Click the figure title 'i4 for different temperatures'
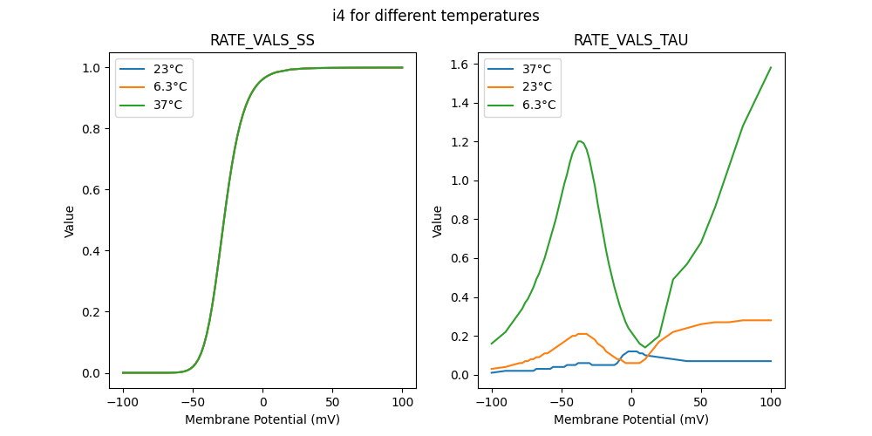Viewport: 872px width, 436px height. pyautogui.click(x=436, y=16)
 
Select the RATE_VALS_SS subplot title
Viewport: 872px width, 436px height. pyautogui.click(x=262, y=40)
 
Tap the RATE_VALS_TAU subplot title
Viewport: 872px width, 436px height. pyautogui.click(x=630, y=40)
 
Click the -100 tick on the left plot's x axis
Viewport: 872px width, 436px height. pyautogui.click(x=123, y=403)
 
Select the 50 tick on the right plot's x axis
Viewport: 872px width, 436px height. pyautogui.click(x=700, y=403)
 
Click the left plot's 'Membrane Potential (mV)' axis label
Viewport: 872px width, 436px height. pyautogui.click(x=262, y=419)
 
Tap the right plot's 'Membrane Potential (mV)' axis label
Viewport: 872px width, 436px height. pyautogui.click(x=630, y=419)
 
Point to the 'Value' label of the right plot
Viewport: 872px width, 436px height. pyautogui.click(x=438, y=221)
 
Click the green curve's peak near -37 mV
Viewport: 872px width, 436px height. pyautogui.click(x=579, y=141)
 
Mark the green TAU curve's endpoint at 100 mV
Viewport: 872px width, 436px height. pyautogui.click(x=771, y=67)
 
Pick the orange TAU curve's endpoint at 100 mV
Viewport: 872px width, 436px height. pyautogui.click(x=771, y=320)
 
